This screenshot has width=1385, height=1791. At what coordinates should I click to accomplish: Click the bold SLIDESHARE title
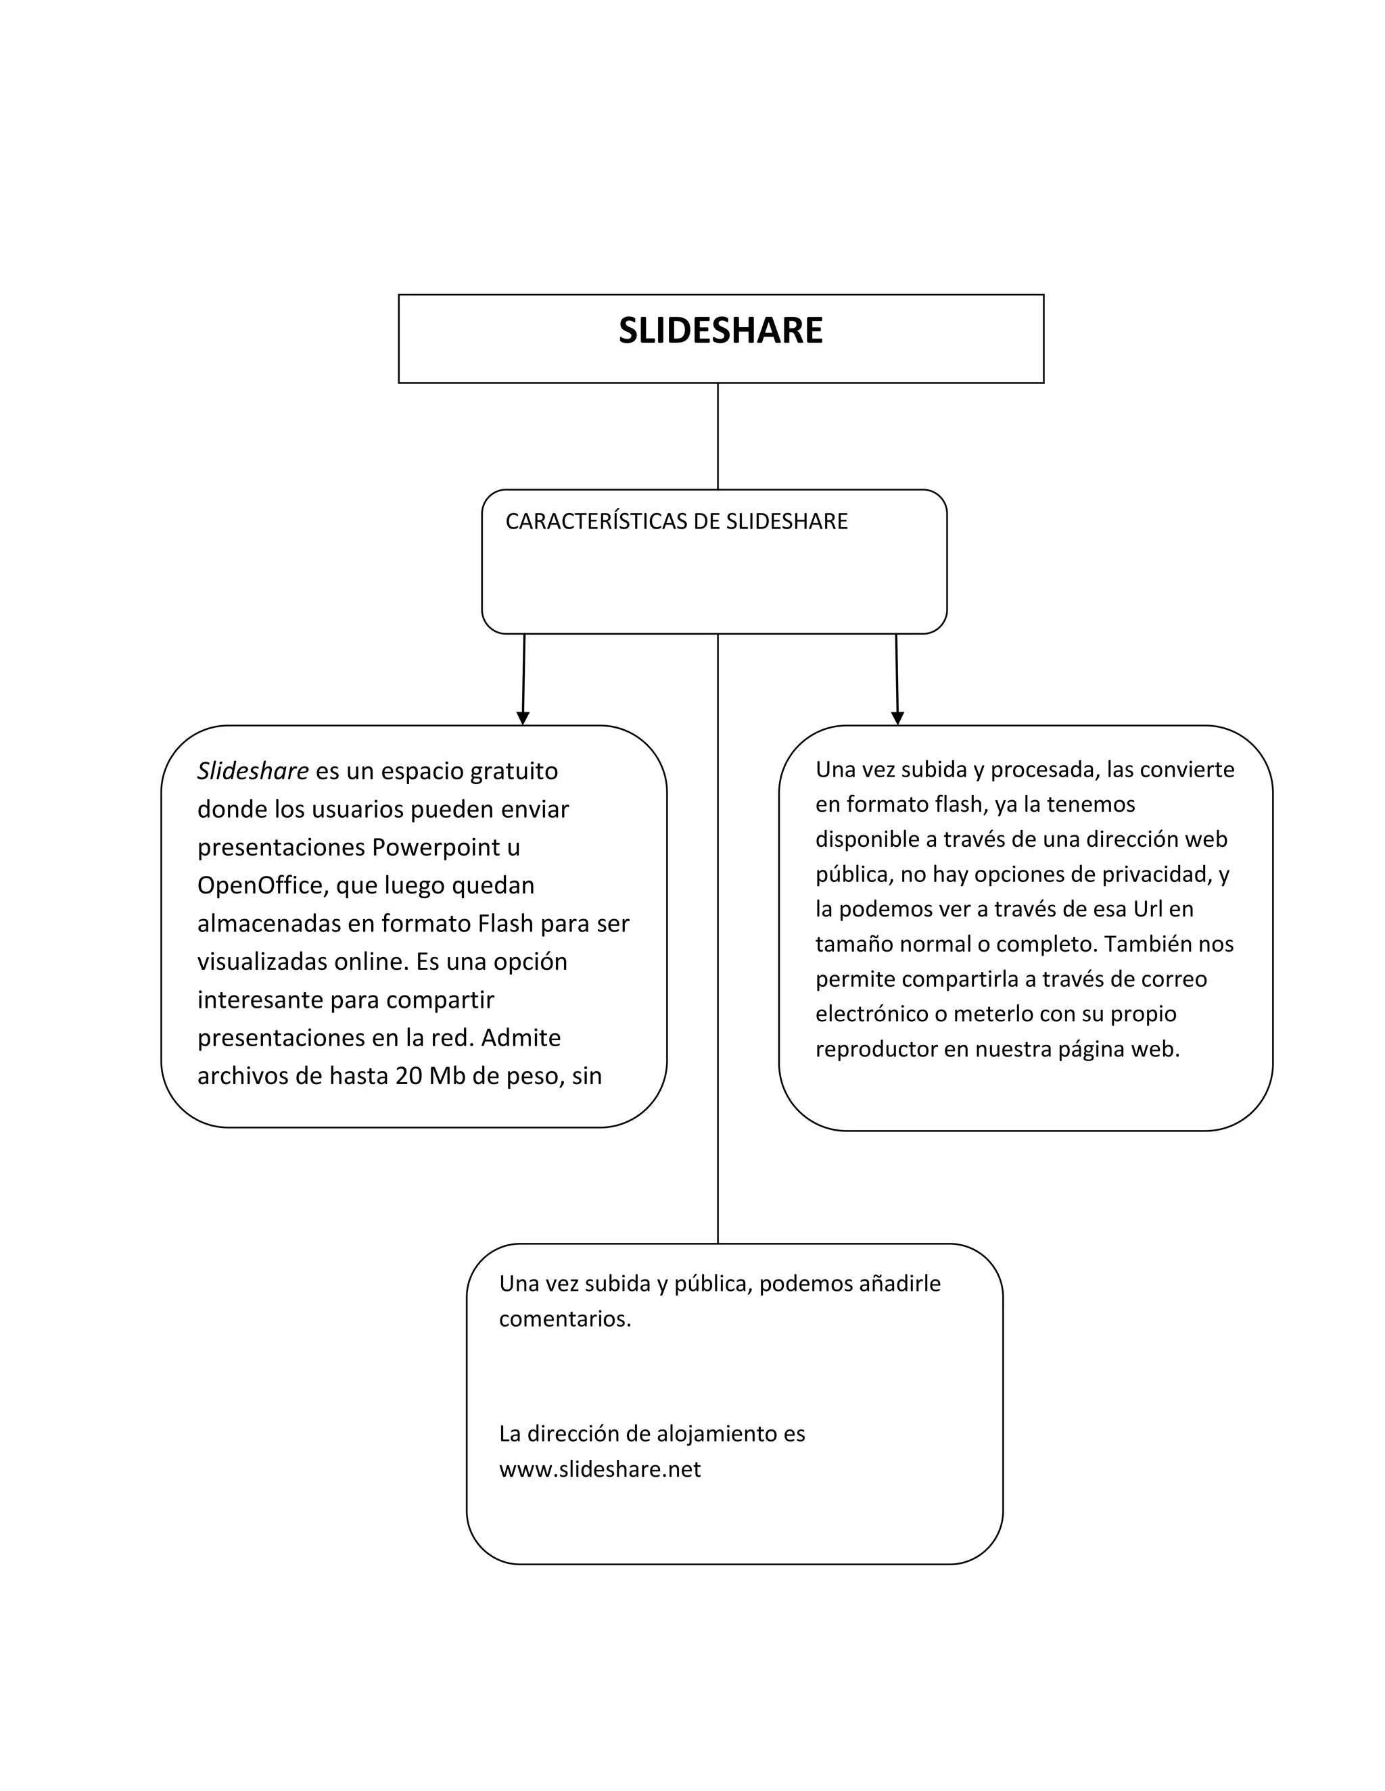click(x=720, y=330)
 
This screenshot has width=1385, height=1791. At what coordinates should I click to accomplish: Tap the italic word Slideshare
click(x=253, y=771)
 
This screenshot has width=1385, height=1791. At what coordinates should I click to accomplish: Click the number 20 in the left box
click(x=408, y=1075)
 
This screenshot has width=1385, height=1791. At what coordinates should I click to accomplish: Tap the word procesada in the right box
click(x=1035, y=769)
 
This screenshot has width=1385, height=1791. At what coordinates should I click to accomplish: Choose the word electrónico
click(x=871, y=1014)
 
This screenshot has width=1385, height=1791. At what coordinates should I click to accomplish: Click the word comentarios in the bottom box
click(x=565, y=1319)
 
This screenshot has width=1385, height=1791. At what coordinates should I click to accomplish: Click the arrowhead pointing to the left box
click(x=523, y=718)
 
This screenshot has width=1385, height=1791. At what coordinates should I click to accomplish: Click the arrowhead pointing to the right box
click(x=897, y=718)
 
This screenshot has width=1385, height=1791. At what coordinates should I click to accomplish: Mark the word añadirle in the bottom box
click(x=899, y=1283)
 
